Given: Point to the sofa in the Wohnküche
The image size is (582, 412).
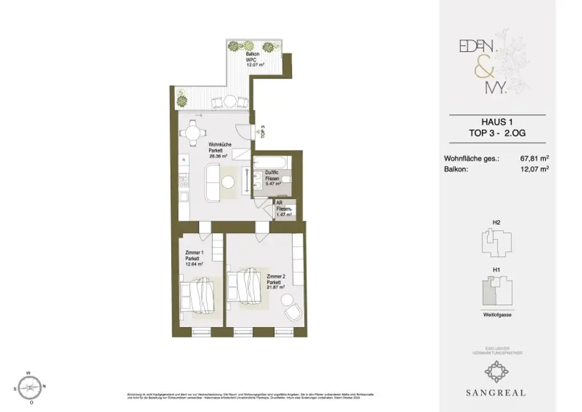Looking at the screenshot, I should click(213, 182).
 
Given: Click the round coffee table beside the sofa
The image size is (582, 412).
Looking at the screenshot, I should click(228, 182).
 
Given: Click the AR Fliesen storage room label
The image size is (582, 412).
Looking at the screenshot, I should click(284, 209).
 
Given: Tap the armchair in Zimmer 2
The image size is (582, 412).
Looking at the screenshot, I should click(294, 313).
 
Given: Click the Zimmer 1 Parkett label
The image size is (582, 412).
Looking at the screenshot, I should click(194, 258).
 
